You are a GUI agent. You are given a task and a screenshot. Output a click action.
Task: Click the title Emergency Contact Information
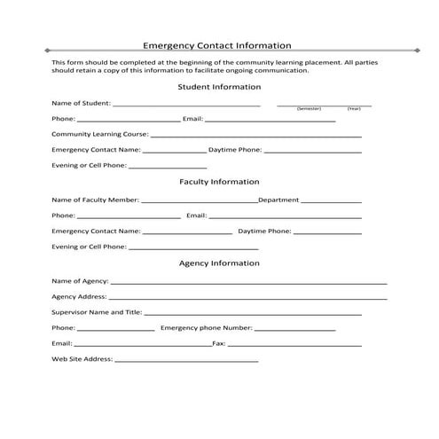(x=217, y=45)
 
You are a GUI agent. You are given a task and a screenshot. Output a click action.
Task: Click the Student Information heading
(x=219, y=87)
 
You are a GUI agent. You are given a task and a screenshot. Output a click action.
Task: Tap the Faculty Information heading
(x=219, y=182)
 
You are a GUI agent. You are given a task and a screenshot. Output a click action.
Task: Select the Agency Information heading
(x=219, y=263)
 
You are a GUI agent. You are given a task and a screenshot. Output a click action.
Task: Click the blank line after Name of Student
(x=186, y=106)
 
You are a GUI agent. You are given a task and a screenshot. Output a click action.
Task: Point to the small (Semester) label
(x=309, y=108)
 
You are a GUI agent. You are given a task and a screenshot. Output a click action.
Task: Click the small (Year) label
(x=354, y=108)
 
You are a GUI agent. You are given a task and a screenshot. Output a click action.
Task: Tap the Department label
(x=278, y=200)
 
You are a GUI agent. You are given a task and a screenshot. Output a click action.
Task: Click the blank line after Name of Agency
(x=248, y=283)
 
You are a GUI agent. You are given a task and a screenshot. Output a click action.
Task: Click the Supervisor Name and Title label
(x=97, y=312)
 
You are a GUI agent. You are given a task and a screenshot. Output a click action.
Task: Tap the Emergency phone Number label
(x=207, y=328)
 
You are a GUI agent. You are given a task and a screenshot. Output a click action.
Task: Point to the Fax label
(x=218, y=343)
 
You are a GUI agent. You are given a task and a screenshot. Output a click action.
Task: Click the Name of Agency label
(x=80, y=280)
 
